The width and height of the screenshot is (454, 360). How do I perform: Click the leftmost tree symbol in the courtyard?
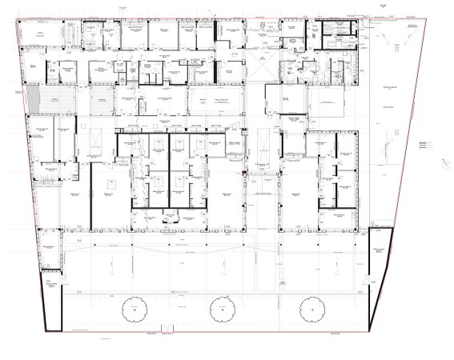(x=131, y=308)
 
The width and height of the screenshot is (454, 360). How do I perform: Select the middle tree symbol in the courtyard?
(x=220, y=308)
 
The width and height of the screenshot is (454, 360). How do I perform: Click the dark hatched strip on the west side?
(x=34, y=100)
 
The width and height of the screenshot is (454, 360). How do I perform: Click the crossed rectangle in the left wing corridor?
(x=96, y=141)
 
